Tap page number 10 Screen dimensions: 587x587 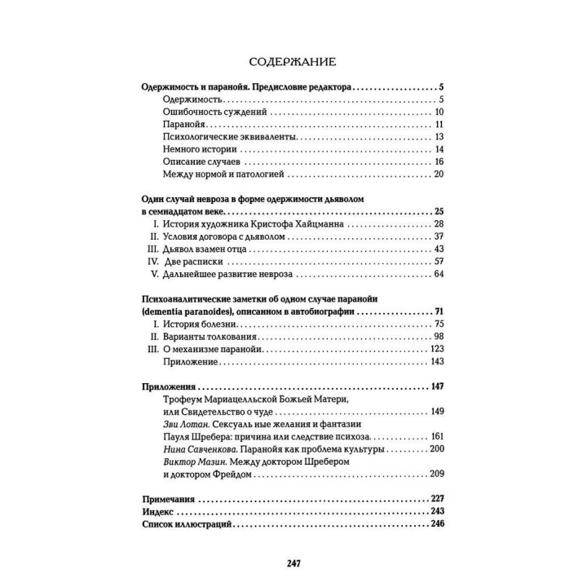pyautogui.click(x=438, y=112)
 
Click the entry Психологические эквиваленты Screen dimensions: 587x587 pyautogui.click(x=223, y=136)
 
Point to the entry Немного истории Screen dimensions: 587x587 pyautogui.click(x=199, y=149)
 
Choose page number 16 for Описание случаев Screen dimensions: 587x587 pyautogui.click(x=438, y=161)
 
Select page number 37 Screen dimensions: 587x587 pyautogui.click(x=438, y=236)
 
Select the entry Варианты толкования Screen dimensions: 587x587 pyautogui.click(x=211, y=338)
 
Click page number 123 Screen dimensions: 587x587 pyautogui.click(x=436, y=350)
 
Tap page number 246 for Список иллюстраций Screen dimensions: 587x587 pyautogui.click(x=436, y=525)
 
